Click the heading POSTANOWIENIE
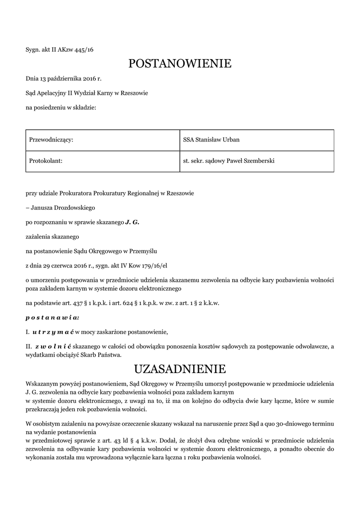180,63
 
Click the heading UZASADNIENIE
180,369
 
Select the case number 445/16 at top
84,50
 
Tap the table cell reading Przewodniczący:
52,140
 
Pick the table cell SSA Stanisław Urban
211,140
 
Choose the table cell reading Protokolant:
46,161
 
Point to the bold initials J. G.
132,223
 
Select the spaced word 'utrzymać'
53,331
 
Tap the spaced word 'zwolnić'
52,345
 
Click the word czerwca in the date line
66,266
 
